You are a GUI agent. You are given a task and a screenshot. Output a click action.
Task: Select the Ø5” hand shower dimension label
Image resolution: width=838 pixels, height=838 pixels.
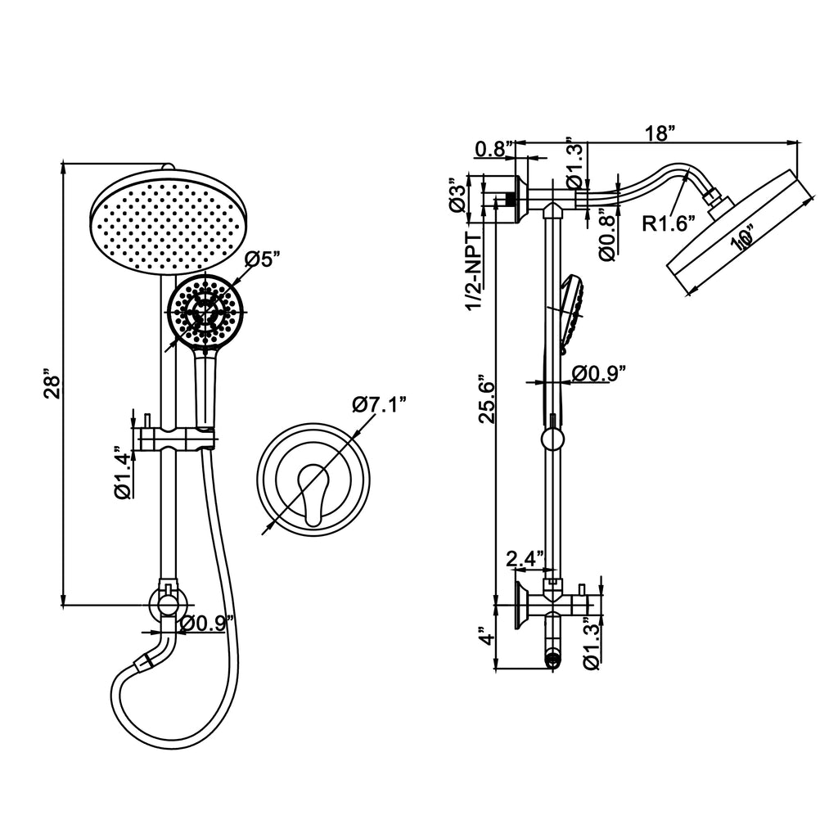coord(264,261)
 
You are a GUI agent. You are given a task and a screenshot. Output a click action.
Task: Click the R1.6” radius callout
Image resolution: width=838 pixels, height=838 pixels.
coord(668,223)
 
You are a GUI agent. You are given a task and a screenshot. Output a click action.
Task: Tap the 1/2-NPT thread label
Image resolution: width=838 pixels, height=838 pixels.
coord(474,270)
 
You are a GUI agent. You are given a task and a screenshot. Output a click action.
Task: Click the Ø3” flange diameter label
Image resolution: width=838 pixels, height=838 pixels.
coord(457,196)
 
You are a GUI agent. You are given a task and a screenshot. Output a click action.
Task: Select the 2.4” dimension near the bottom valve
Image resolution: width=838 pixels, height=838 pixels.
coord(525,560)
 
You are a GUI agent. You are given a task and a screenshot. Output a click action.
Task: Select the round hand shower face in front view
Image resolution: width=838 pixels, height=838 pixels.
coord(205,311)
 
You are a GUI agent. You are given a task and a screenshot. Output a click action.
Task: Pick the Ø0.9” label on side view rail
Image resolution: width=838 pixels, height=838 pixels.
coord(599,374)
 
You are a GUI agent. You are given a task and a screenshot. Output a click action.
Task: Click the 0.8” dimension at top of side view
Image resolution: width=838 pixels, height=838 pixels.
coord(493,149)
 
